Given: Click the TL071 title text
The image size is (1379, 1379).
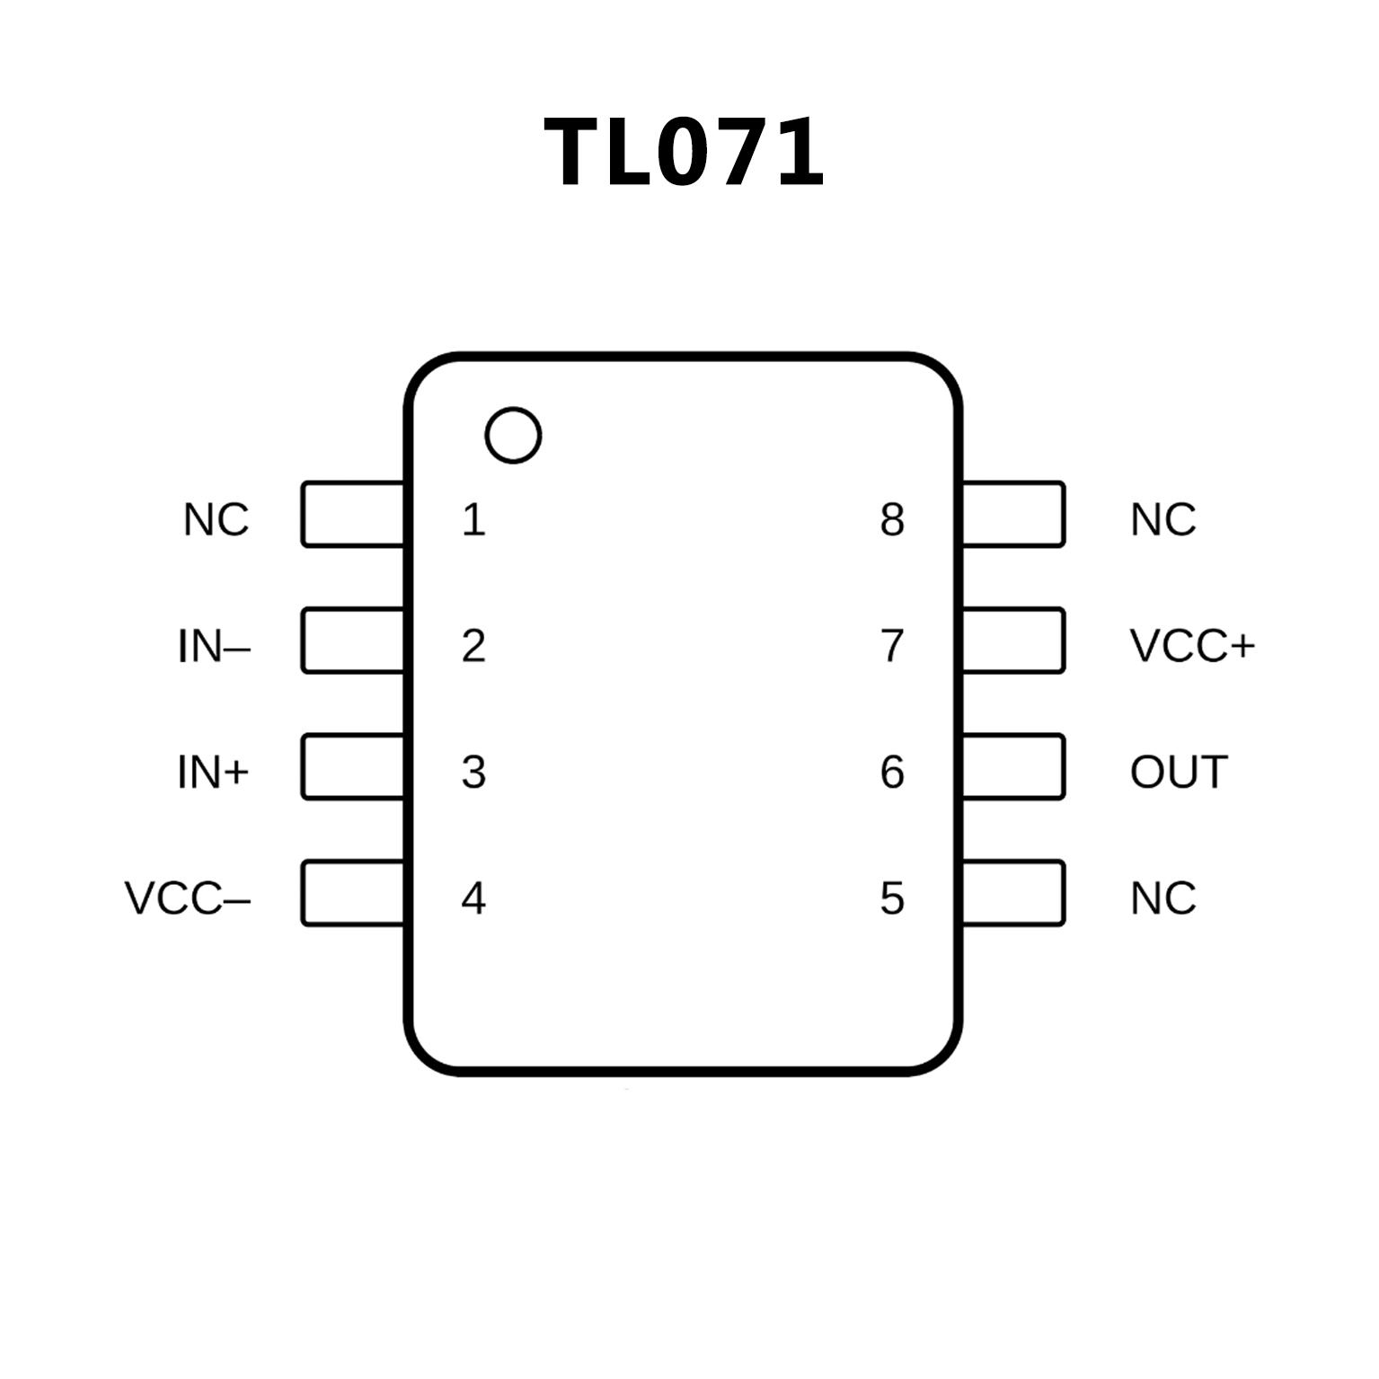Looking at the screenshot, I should (684, 153).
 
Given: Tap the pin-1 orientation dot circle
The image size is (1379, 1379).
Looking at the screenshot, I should (513, 436).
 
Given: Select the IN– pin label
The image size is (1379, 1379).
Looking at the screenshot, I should (214, 646).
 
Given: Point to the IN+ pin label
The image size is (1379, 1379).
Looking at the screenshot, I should (213, 772).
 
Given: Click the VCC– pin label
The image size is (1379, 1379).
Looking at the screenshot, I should (187, 897).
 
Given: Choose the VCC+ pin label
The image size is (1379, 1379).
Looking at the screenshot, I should (1191, 646).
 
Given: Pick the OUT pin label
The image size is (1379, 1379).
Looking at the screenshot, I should (1179, 772).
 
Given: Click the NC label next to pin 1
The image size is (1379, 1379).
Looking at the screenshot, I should (216, 519).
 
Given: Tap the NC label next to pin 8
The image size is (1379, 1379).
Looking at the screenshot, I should (1163, 519).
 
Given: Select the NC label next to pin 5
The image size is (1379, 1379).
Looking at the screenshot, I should (1163, 897).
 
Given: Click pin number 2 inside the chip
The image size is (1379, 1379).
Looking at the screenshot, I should (473, 646).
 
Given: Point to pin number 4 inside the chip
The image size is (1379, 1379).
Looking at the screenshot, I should (473, 897).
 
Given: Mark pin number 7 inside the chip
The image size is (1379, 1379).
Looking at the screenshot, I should (892, 646).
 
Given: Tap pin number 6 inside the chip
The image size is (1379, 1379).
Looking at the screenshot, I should (892, 772).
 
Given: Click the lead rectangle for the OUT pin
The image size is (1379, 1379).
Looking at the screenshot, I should (1012, 766).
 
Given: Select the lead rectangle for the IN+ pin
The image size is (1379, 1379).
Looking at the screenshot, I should (353, 766).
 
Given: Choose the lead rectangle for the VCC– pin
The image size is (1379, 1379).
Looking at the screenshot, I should (353, 893).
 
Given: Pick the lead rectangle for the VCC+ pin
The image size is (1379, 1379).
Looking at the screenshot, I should (1012, 641).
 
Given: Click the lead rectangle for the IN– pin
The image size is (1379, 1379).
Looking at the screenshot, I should (353, 641).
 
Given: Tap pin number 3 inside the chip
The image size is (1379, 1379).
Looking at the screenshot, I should (473, 772).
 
